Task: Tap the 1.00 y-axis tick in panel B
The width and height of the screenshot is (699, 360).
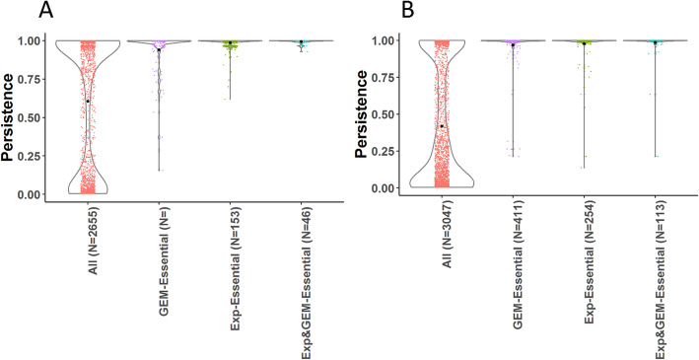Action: tap(391, 41)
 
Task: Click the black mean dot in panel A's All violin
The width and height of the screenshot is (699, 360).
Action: tap(88, 101)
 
